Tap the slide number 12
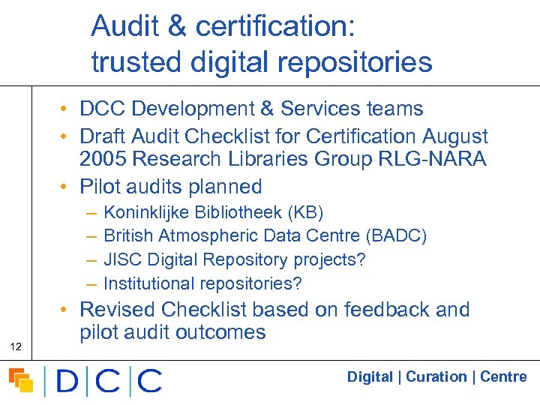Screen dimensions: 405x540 (x=15, y=346)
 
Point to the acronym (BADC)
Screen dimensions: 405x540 (x=396, y=236)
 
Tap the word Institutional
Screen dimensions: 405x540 (x=148, y=283)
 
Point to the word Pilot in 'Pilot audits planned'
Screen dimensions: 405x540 (x=101, y=186)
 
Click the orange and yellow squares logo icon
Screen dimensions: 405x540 (x=21, y=380)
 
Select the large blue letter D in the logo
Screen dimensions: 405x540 (x=67, y=381)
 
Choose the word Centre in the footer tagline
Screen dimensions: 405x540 (x=503, y=376)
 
